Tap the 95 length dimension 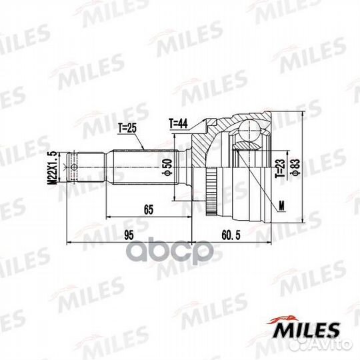(x=129, y=233)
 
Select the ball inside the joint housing (x=248, y=133)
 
